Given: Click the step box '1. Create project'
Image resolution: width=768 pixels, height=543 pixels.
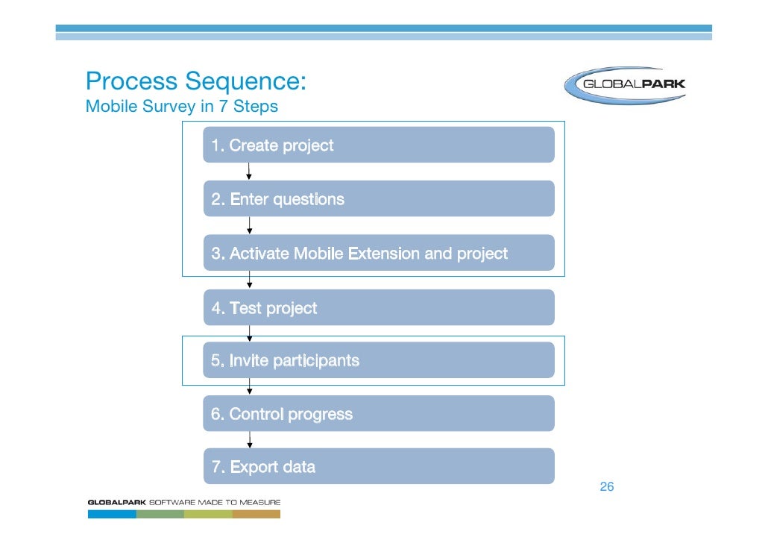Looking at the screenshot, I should [379, 145].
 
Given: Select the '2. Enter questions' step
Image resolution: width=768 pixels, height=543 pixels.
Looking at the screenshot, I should [379, 199].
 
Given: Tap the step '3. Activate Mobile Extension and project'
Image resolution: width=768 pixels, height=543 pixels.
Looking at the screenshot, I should [379, 254].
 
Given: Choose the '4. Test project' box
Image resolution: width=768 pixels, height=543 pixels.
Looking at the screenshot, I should [379, 308].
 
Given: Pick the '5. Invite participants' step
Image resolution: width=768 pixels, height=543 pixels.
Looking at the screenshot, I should [379, 361].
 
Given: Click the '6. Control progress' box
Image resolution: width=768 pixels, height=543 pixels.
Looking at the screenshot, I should [379, 414].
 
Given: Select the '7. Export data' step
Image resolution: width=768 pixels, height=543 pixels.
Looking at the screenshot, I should [379, 467].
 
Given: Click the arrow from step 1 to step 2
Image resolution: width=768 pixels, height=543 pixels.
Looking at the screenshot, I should [249, 172].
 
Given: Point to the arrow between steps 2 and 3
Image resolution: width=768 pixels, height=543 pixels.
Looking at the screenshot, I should [249, 225].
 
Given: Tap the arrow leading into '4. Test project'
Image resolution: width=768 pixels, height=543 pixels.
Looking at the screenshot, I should [249, 280].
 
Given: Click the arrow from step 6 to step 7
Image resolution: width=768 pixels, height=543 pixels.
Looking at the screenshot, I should [249, 440].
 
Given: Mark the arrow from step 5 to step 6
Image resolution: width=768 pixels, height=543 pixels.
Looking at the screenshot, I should [249, 387].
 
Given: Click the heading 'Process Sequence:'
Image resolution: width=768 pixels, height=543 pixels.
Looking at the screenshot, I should [196, 81].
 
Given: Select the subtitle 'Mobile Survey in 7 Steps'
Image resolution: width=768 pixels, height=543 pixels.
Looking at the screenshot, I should [182, 107].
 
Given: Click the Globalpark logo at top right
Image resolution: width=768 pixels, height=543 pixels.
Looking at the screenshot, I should [625, 84].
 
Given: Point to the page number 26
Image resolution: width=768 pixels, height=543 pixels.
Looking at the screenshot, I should [607, 487].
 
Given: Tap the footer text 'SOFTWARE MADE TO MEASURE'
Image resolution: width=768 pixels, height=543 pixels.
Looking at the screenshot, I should [215, 502].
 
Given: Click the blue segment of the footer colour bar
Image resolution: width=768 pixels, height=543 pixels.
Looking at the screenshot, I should [112, 513].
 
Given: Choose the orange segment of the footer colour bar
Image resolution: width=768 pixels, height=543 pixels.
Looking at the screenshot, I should [256, 513].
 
